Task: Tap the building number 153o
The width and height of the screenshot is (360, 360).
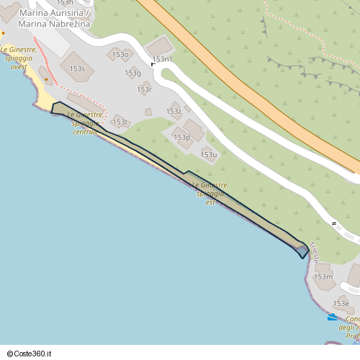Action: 120,54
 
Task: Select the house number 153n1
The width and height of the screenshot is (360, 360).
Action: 163,59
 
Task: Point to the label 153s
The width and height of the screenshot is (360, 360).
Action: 77,69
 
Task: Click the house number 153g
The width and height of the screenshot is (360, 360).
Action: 132,73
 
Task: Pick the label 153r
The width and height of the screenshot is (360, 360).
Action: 144,89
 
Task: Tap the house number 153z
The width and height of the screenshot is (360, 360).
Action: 174,112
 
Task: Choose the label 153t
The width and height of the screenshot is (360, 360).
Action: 120,122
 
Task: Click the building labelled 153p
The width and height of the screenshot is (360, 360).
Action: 181,137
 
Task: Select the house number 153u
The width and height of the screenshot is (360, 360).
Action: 209,155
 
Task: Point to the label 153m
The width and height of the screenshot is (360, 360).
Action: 323,276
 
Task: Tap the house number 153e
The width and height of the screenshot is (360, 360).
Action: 341,304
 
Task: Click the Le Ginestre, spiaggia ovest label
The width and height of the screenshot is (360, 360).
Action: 15,58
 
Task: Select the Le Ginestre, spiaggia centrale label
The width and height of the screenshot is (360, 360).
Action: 85,123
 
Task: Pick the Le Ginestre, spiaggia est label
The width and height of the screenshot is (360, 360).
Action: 210,194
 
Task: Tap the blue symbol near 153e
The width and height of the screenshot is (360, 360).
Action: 333,317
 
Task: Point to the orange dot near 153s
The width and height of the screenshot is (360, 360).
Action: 47,79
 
